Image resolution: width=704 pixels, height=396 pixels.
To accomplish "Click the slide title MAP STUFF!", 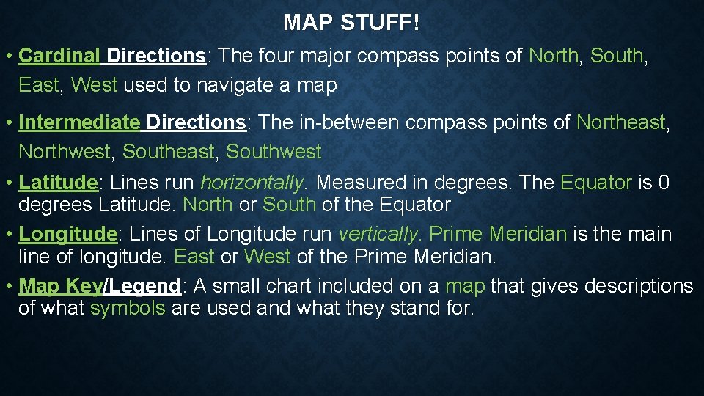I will click(351, 23).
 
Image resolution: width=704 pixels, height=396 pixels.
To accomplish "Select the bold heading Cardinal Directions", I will click(111, 56).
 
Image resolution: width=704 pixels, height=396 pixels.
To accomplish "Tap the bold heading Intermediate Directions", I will click(132, 122).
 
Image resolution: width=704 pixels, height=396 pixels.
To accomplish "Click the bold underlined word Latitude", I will click(58, 182).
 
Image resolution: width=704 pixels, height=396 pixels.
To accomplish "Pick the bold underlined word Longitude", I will click(67, 234).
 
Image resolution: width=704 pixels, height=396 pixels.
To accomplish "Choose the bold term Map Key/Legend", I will click(100, 285).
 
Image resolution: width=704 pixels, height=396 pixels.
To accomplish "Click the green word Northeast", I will click(621, 122).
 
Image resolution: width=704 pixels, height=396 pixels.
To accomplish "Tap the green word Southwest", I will click(274, 152).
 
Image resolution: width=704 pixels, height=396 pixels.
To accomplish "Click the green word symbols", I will click(128, 308).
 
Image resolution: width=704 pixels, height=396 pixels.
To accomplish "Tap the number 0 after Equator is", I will click(664, 182).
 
